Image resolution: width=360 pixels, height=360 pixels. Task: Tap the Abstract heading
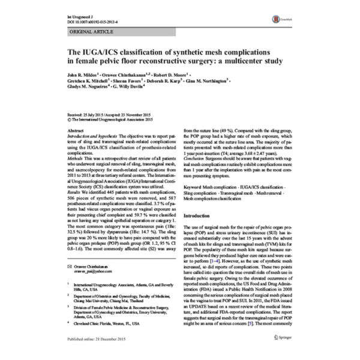76,130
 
